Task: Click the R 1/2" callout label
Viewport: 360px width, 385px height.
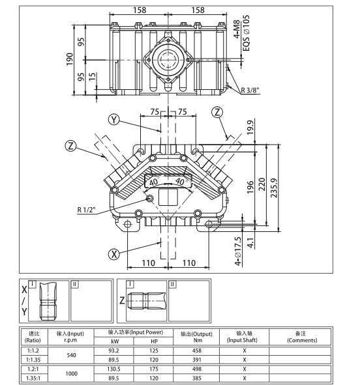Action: coord(86,209)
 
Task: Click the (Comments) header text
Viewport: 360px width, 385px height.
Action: coord(302,340)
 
